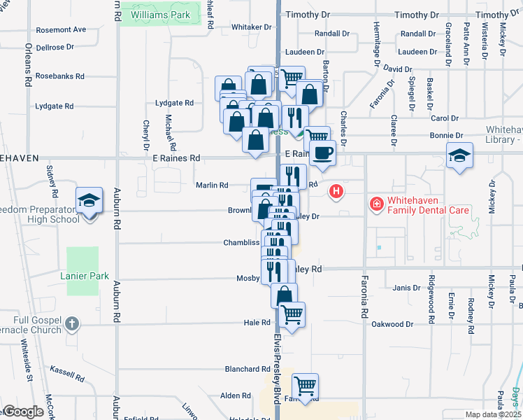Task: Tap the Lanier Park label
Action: click(x=89, y=276)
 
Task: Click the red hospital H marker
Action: click(x=337, y=190)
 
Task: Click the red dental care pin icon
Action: click(x=376, y=203)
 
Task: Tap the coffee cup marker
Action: click(x=322, y=153)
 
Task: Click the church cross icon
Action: click(x=72, y=323)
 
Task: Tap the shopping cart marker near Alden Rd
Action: click(x=304, y=386)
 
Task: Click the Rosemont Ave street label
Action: click(x=61, y=29)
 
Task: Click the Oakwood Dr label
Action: click(x=392, y=324)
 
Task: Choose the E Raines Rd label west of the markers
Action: click(x=176, y=159)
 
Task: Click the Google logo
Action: click(x=24, y=412)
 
